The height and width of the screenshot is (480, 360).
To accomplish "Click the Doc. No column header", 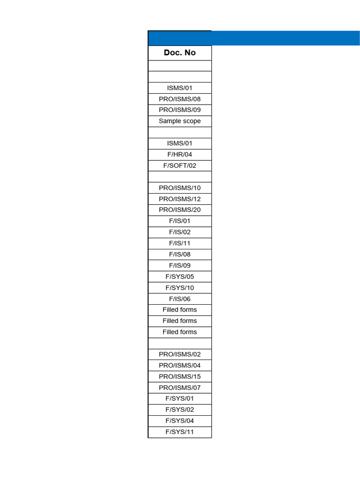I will click(x=180, y=52).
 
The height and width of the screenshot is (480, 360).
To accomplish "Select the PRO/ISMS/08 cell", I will click(x=180, y=99).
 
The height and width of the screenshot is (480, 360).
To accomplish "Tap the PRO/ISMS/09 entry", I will click(x=180, y=110).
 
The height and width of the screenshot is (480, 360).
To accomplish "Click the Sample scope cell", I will click(x=180, y=121).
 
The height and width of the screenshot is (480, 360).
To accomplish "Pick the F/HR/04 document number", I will click(x=180, y=154).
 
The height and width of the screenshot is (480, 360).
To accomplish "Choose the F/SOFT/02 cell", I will click(x=180, y=165).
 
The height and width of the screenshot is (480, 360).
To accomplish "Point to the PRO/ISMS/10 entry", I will click(x=180, y=187).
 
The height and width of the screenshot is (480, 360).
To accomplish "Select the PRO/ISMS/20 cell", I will click(x=180, y=210).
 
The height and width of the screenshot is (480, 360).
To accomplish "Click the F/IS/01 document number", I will click(x=180, y=221).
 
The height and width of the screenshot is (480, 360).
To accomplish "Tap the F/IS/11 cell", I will click(x=180, y=243).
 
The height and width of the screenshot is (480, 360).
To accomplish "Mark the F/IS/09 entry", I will click(x=180, y=265).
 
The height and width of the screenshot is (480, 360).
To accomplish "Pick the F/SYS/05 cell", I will click(x=180, y=277).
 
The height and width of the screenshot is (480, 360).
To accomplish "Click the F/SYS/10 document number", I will click(x=180, y=288).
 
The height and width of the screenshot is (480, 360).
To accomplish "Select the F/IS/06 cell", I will click(x=180, y=299).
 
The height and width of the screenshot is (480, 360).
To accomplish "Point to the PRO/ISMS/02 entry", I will click(x=180, y=354).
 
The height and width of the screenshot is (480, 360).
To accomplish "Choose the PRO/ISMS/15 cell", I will click(x=180, y=376).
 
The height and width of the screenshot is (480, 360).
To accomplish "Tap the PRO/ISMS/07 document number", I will click(x=180, y=388).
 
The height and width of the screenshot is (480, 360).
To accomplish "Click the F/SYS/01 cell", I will click(x=180, y=398).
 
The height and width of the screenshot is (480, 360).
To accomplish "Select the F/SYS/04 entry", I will click(x=180, y=420).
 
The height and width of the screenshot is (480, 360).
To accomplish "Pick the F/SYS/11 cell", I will click(x=180, y=432).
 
